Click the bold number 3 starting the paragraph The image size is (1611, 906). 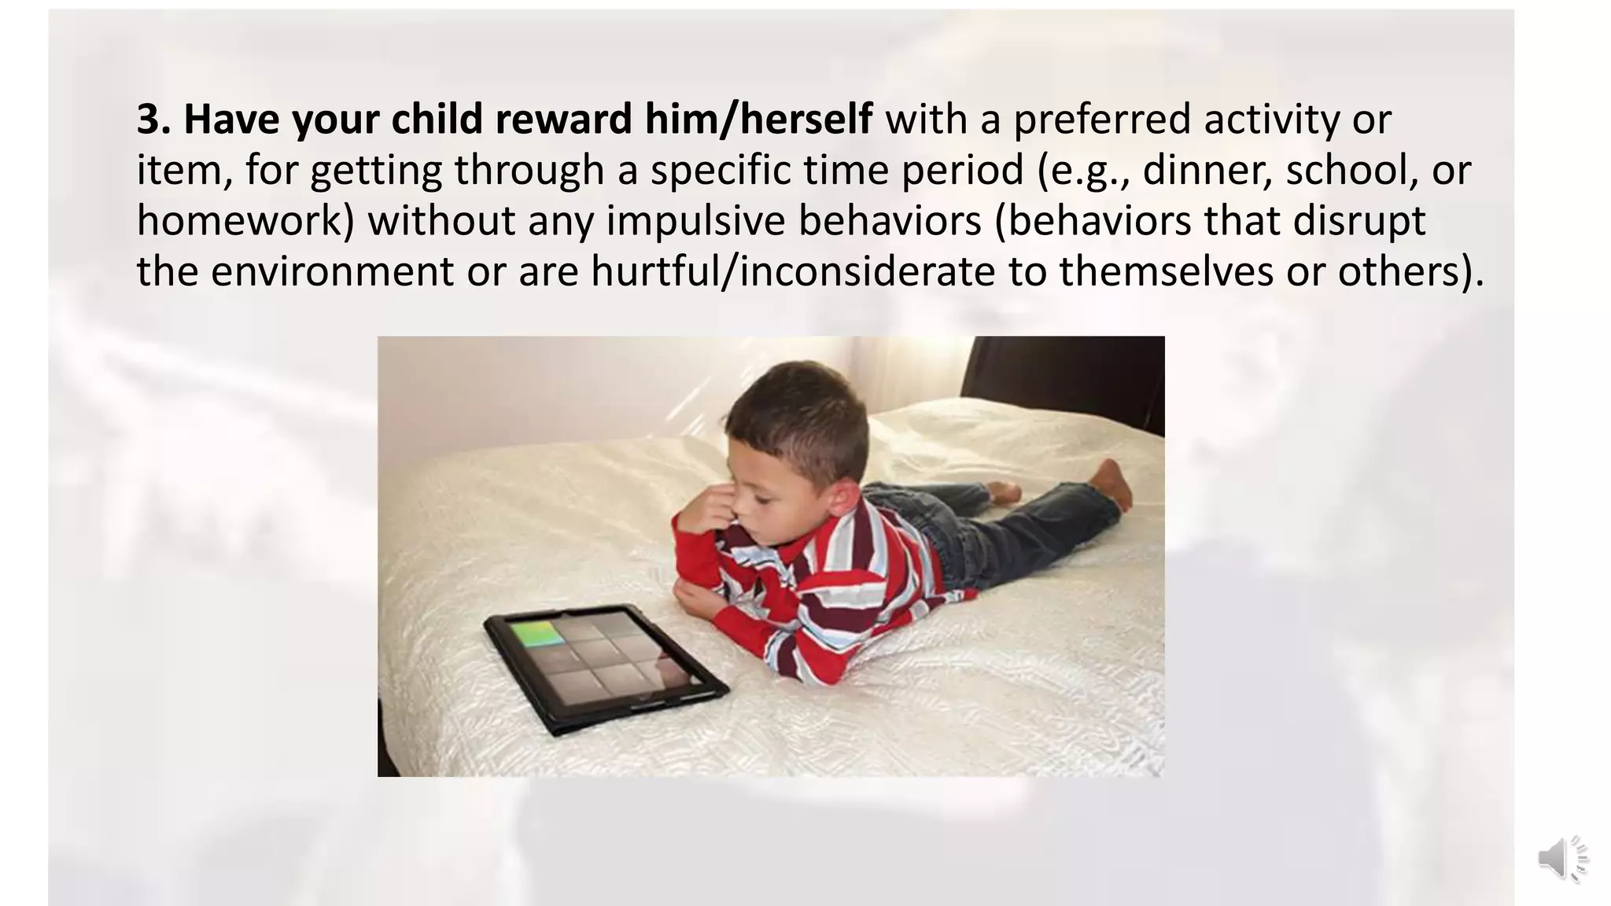pyautogui.click(x=149, y=120)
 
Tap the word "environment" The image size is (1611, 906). pyautogui.click(x=332, y=271)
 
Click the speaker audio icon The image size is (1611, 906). pyautogui.click(x=1561, y=859)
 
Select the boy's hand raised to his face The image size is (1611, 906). pyautogui.click(x=706, y=511)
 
